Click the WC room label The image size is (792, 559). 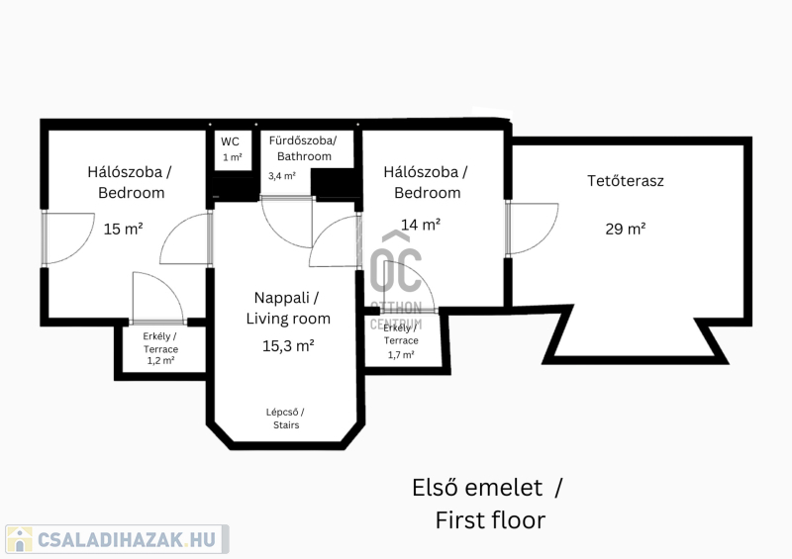230,141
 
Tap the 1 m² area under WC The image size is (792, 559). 233,157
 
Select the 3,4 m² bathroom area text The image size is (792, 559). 282,176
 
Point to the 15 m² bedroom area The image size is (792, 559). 123,229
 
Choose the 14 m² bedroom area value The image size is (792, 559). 421,225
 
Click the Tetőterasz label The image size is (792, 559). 626,181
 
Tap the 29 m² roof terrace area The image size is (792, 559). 626,229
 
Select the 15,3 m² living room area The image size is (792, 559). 288,346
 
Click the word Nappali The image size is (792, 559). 281,298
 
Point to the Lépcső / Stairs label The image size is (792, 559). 285,419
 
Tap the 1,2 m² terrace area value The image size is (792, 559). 160,360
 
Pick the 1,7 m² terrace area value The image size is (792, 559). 401,355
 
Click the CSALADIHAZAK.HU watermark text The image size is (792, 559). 127,539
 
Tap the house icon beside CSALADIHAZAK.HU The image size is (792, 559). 20,539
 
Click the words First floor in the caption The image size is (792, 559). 490,520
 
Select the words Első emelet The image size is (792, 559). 477,488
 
